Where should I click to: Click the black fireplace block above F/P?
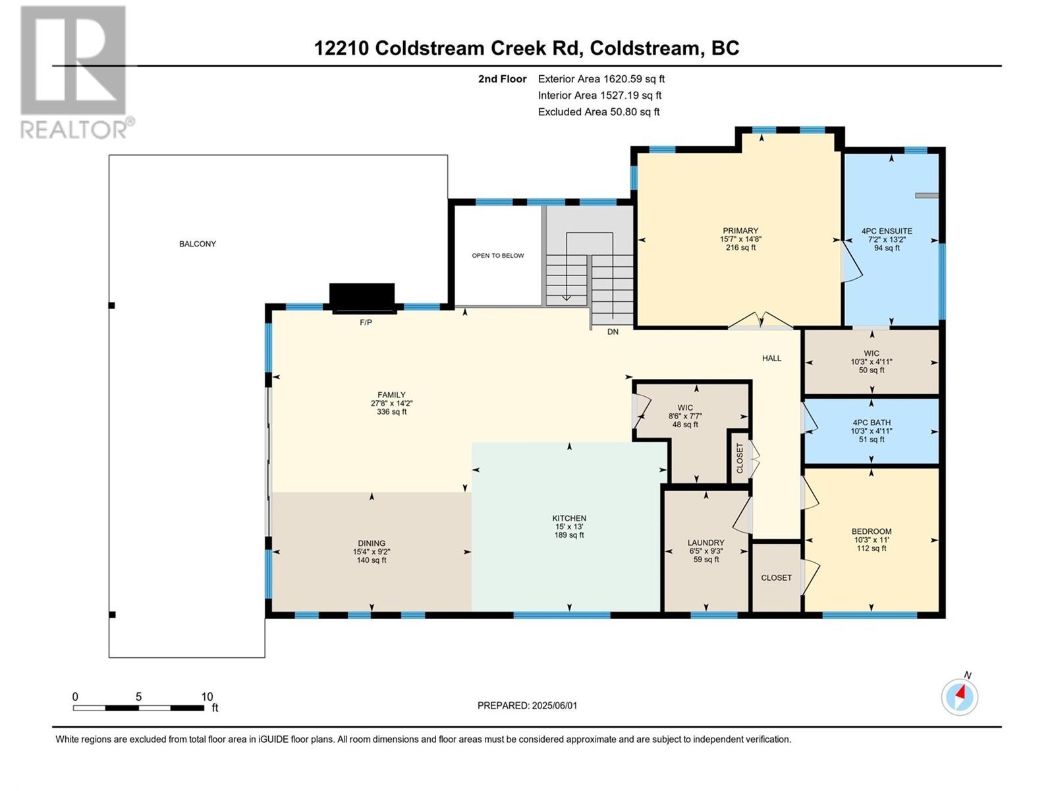[x=362, y=298]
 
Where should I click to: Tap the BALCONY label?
[x=198, y=244]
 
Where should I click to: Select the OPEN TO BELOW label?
[x=498, y=256]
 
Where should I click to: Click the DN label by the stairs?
[x=613, y=332]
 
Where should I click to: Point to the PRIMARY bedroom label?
[x=740, y=231]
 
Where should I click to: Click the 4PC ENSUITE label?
[x=887, y=231]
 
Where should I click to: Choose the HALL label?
[x=771, y=359]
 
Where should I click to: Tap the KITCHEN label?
[x=569, y=518]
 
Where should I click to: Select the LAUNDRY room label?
[x=706, y=542]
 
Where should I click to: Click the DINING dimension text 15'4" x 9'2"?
[x=371, y=552]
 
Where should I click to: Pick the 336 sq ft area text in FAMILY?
[x=392, y=411]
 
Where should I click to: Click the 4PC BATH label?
[x=871, y=423]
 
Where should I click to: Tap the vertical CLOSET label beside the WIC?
[x=740, y=457]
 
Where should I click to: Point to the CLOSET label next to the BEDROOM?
[x=776, y=578]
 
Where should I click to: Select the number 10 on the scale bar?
[x=207, y=697]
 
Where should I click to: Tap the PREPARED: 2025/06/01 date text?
[x=527, y=705]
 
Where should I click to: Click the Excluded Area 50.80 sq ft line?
[x=599, y=112]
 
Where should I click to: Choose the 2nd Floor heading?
[x=502, y=79]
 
